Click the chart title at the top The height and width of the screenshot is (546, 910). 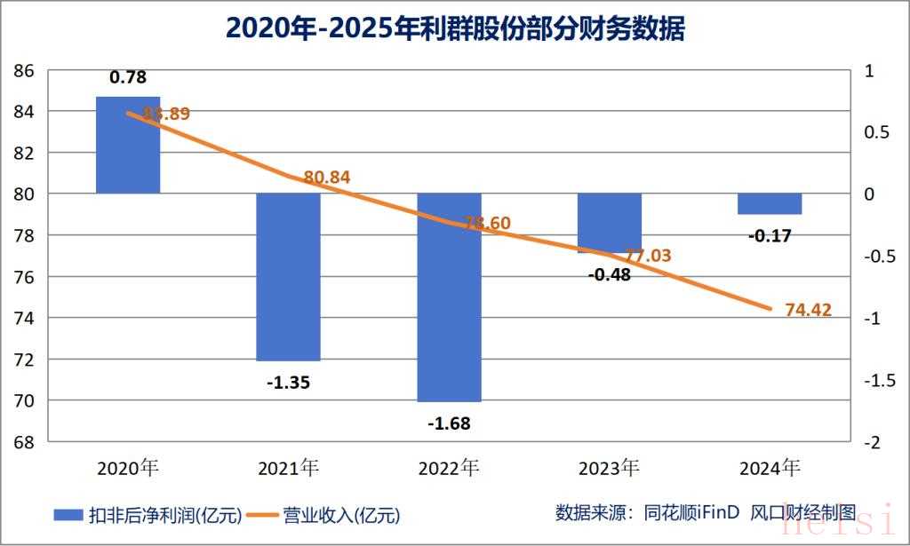[x=455, y=28]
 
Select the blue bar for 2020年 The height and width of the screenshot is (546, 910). [x=128, y=145]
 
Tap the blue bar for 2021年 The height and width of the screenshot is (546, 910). [x=288, y=277]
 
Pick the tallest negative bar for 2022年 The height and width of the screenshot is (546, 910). [x=449, y=297]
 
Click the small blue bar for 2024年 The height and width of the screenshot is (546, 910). [x=770, y=203]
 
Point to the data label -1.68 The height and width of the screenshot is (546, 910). [x=449, y=423]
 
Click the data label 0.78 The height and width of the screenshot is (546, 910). [x=128, y=78]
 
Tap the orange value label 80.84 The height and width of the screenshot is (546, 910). [x=326, y=178]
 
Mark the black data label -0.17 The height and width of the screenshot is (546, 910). [x=770, y=236]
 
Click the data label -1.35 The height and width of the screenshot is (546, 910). [x=288, y=384]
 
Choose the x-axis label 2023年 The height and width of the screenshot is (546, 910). [x=609, y=467]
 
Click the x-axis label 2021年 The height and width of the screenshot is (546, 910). [x=288, y=467]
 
